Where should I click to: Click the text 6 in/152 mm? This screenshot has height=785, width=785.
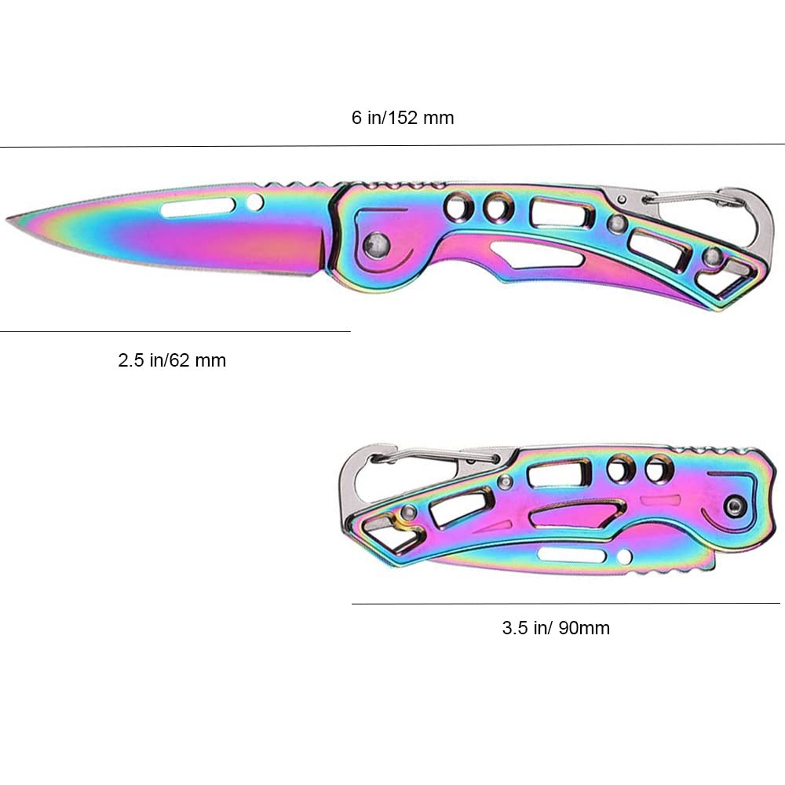(x=402, y=119)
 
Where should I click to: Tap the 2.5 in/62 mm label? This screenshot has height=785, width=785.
(x=172, y=361)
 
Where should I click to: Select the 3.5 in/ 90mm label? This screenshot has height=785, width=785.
(x=556, y=628)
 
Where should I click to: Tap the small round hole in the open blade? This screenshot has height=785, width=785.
(x=254, y=203)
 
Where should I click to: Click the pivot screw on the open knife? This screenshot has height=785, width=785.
(x=377, y=243)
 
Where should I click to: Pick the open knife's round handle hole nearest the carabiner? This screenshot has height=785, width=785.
(x=495, y=209)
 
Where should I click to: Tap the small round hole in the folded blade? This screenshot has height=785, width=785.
(x=624, y=557)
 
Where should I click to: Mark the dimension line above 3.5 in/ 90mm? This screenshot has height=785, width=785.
(x=565, y=603)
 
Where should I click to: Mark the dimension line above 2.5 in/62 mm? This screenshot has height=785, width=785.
(x=174, y=332)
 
